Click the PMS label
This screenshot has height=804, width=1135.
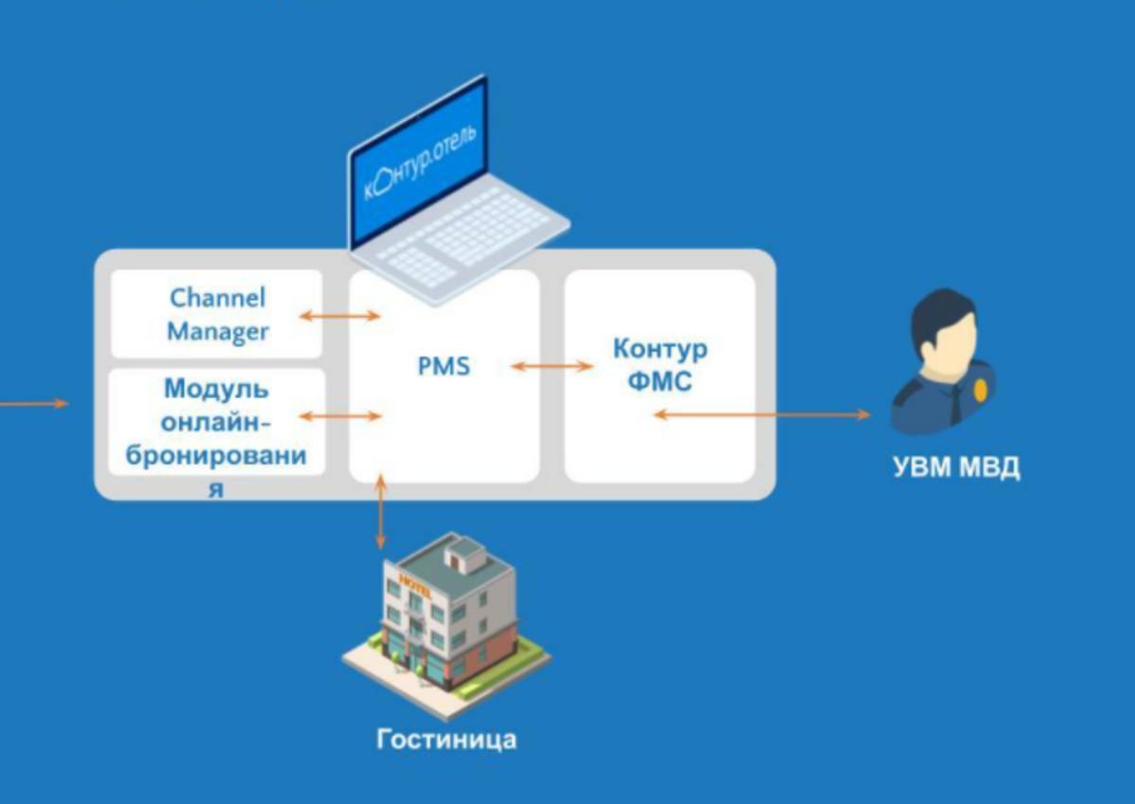(x=444, y=366)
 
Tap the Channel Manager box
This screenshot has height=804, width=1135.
(x=217, y=314)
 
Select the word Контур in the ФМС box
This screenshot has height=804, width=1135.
(x=660, y=350)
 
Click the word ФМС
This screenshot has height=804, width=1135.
(x=660, y=381)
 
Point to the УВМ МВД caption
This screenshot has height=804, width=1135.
(x=956, y=466)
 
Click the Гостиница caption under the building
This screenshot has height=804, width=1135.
(x=446, y=739)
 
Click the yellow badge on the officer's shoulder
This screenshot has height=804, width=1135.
(x=981, y=390)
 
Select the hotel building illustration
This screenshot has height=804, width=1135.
(x=446, y=625)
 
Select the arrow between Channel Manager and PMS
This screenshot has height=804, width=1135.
(x=340, y=316)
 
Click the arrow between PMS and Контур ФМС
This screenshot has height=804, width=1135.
(x=551, y=366)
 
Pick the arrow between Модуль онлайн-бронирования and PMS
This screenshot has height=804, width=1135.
(x=340, y=416)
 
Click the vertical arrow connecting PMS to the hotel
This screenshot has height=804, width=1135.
(x=380, y=512)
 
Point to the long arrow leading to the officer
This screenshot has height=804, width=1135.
(x=762, y=414)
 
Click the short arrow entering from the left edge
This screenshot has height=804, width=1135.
(x=33, y=404)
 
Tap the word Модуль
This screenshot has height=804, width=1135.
(x=217, y=389)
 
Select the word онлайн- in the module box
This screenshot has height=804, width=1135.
(x=217, y=422)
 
